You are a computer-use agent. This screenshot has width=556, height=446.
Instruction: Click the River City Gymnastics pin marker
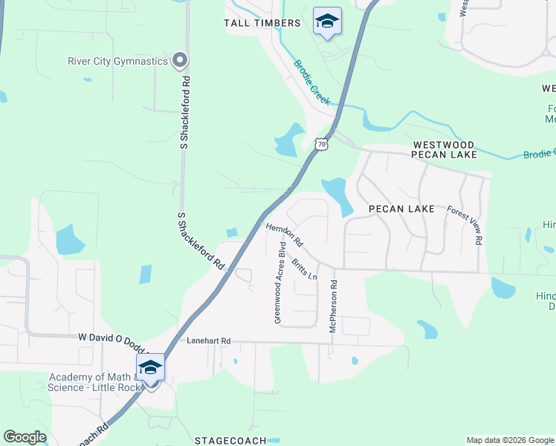pyautogui.click(x=179, y=60)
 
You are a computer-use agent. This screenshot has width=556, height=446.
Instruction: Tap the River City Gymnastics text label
pyautogui.click(x=117, y=61)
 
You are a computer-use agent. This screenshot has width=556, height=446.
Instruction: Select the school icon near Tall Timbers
pyautogui.click(x=326, y=22)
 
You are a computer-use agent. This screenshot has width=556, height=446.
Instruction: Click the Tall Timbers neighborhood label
pyautogui.click(x=262, y=23)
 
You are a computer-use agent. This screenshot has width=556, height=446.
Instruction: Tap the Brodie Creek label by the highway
pyautogui.click(x=311, y=83)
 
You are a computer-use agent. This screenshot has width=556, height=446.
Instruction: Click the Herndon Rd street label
pyautogui.click(x=285, y=235)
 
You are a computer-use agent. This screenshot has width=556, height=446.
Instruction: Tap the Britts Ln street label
pyautogui.click(x=304, y=269)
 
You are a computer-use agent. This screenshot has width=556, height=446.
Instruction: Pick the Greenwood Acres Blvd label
pyautogui.click(x=279, y=282)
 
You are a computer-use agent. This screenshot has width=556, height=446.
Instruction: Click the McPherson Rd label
pyautogui.click(x=334, y=306)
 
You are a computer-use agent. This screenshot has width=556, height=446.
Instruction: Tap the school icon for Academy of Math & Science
pyautogui.click(x=150, y=368)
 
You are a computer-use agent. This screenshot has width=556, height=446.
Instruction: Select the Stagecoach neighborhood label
pyautogui.click(x=230, y=440)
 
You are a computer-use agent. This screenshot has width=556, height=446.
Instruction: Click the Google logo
pyautogui.click(x=25, y=437)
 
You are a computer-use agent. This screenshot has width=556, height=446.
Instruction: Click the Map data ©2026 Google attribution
pyautogui.click(x=509, y=440)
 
